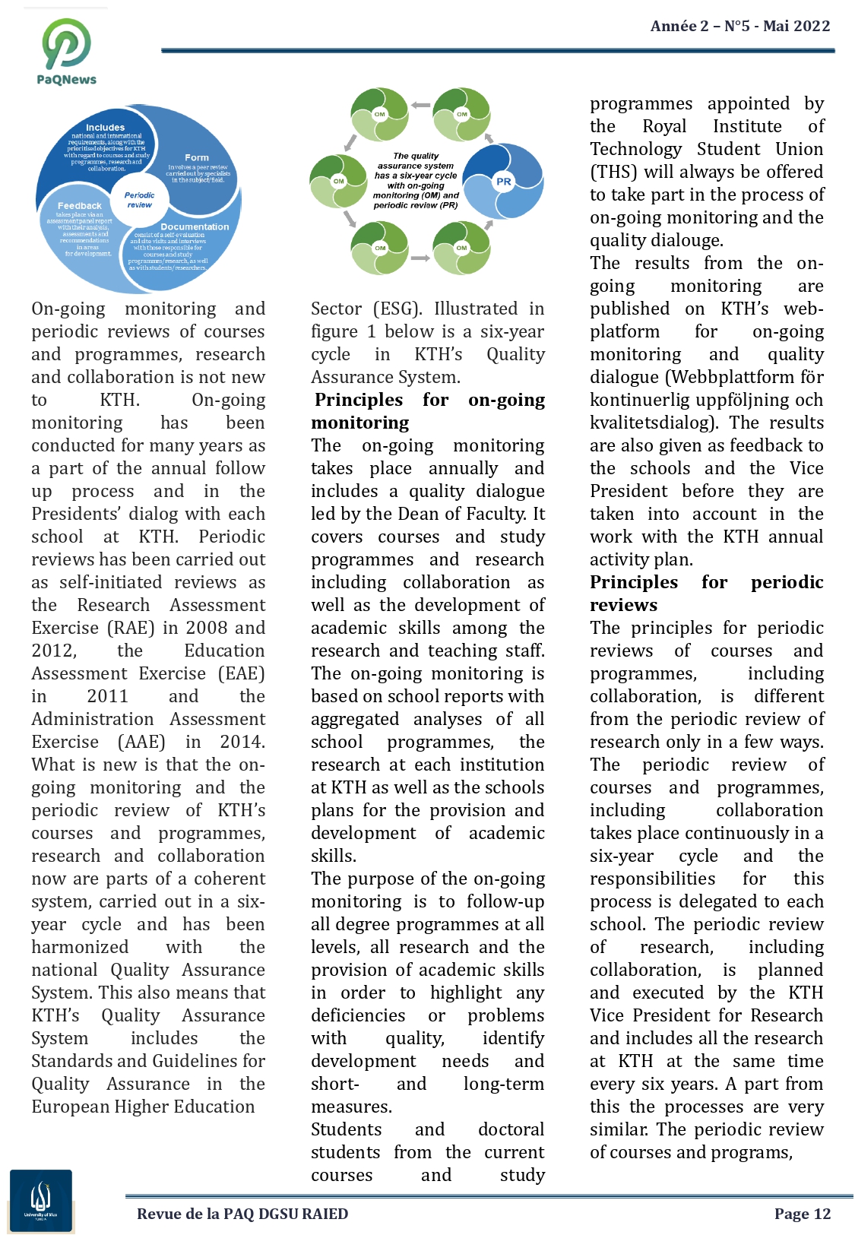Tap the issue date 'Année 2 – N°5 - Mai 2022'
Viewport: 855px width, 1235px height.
click(739, 26)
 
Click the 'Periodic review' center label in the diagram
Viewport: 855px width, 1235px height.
click(139, 200)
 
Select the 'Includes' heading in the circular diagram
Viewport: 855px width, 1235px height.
click(105, 127)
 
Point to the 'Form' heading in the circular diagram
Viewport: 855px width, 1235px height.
click(197, 157)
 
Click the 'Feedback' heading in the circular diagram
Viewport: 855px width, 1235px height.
click(79, 206)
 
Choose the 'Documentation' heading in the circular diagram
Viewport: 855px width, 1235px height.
click(195, 226)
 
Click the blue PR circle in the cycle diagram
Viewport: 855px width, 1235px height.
click(503, 181)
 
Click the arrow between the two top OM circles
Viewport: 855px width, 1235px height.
click(420, 106)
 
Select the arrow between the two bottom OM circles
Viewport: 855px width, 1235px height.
click(420, 258)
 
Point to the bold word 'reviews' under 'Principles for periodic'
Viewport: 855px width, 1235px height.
click(623, 605)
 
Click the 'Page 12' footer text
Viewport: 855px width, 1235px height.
click(803, 1214)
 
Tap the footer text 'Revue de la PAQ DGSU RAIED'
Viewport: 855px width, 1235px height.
click(242, 1214)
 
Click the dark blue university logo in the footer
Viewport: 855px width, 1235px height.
click(41, 1201)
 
